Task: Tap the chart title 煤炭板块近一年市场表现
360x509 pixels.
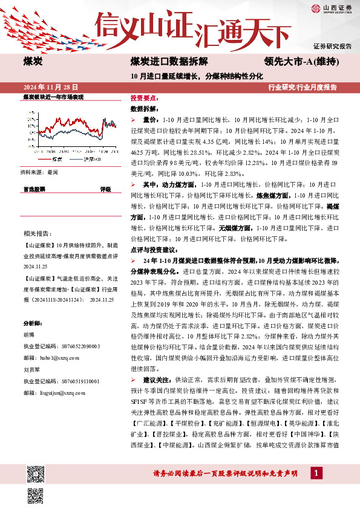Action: tap(53, 97)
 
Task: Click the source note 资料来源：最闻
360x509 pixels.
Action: tap(39, 172)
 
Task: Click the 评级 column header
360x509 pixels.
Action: tap(105, 189)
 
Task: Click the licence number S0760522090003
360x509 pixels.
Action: tap(74, 346)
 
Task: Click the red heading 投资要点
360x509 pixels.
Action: tap(144, 98)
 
